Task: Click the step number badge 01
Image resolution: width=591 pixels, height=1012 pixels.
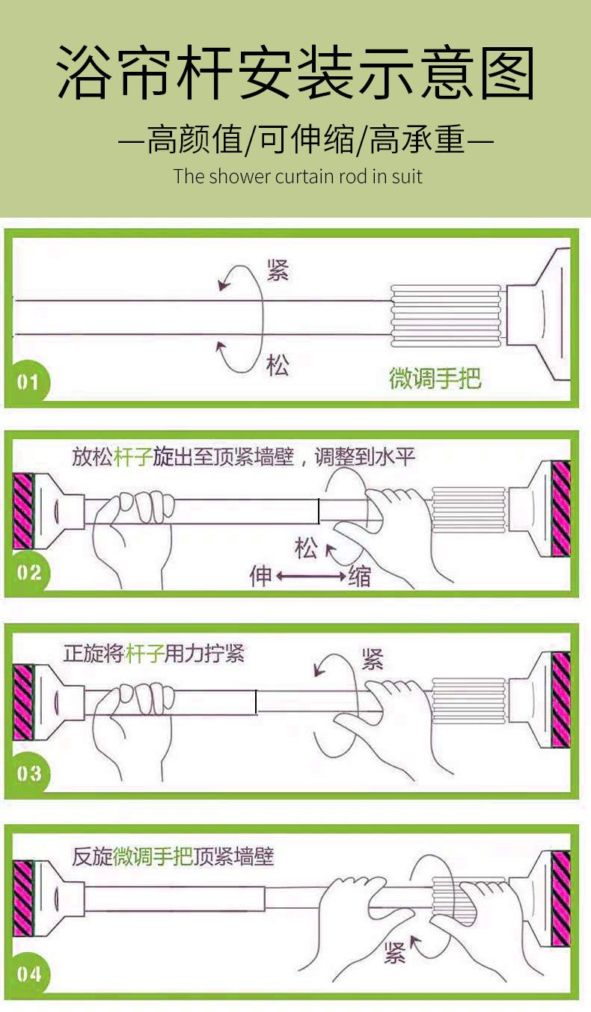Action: [27, 382]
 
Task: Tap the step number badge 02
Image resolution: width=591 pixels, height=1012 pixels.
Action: [28, 573]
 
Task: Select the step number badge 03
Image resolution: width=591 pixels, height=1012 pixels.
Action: [28, 773]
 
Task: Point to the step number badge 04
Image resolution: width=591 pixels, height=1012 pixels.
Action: [28, 974]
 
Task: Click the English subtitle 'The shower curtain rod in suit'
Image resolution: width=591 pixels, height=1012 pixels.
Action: [298, 177]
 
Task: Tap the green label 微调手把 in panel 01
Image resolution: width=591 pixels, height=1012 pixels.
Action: [435, 378]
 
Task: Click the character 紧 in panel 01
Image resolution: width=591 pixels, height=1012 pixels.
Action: [278, 270]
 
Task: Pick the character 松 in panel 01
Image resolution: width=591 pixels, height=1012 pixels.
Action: [278, 365]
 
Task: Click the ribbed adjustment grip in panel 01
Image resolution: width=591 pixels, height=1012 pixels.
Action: [446, 316]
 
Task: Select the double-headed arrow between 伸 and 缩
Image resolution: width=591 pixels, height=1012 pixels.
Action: [311, 576]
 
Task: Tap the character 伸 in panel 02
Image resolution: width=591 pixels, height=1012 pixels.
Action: [260, 576]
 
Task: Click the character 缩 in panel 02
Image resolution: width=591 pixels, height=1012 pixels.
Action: [360, 576]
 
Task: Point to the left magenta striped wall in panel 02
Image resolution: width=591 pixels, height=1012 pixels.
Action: [23, 511]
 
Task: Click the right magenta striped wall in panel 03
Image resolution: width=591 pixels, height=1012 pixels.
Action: [561, 699]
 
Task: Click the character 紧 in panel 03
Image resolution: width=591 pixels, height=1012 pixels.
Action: [373, 659]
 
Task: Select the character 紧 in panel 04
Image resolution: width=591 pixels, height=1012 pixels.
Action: [394, 953]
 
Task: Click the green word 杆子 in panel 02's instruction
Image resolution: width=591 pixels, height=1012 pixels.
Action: [133, 456]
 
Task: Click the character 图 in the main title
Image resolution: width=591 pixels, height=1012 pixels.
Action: [507, 73]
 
